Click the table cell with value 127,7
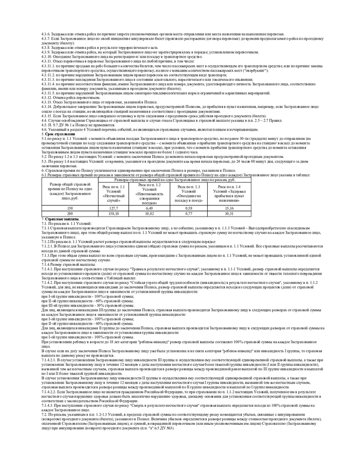coord(113,208)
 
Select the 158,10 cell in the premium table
coord(113,212)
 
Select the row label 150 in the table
coord(70,208)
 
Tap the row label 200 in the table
coord(70,212)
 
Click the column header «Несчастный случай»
coord(113,193)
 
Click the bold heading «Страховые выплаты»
coord(57,219)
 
